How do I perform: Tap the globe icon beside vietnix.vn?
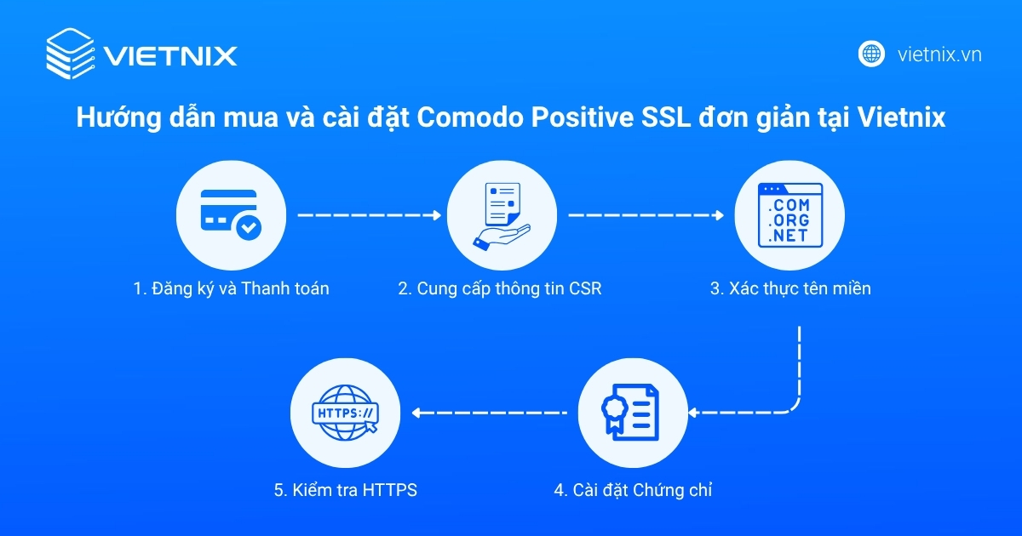pyautogui.click(x=871, y=54)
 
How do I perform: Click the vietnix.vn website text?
pyautogui.click(x=939, y=54)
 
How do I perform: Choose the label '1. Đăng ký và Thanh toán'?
pyautogui.click(x=231, y=288)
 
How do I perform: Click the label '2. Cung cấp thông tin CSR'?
pyautogui.click(x=500, y=288)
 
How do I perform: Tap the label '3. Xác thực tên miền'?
pyautogui.click(x=790, y=288)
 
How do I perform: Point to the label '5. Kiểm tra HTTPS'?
pyautogui.click(x=345, y=490)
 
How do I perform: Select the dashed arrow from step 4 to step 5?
pyautogui.click(x=490, y=413)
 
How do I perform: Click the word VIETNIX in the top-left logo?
pyautogui.click(x=170, y=56)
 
